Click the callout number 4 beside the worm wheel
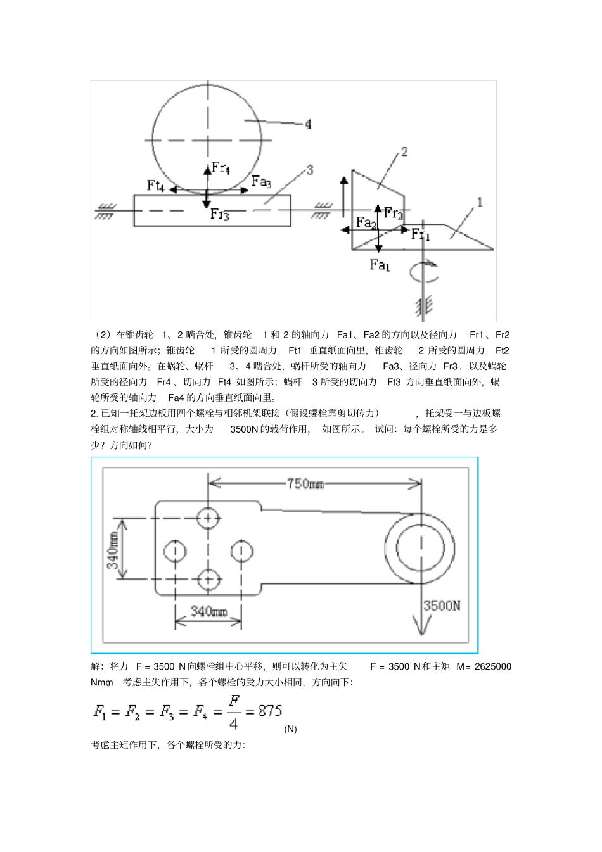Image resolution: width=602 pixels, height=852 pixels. click(x=308, y=124)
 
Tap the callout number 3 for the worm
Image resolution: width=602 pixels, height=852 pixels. click(x=310, y=170)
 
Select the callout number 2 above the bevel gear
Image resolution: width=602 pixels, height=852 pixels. click(x=403, y=151)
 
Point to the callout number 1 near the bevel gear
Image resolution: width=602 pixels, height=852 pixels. click(x=480, y=202)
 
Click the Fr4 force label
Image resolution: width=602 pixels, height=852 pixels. click(x=221, y=168)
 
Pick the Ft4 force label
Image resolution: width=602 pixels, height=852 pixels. click(x=157, y=185)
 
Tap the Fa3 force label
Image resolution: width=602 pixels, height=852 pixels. click(x=261, y=181)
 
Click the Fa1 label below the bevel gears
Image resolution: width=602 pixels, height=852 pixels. click(x=380, y=265)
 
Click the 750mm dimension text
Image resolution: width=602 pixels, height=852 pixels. click(x=305, y=484)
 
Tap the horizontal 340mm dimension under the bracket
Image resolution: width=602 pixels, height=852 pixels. click(x=209, y=611)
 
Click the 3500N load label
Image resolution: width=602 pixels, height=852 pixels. click(x=442, y=605)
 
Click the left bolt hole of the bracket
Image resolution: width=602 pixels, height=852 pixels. click(x=174, y=550)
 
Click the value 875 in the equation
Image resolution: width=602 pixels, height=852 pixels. click(x=270, y=711)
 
